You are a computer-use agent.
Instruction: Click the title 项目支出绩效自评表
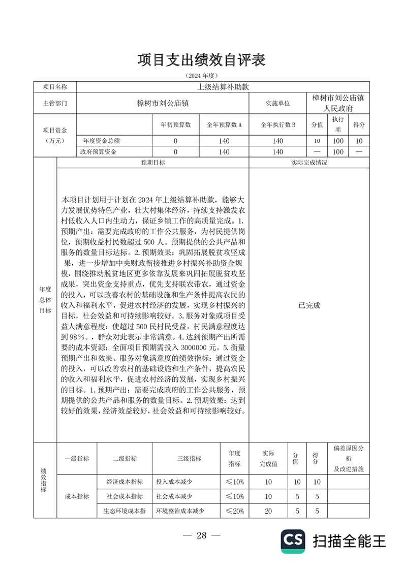tap(201, 59)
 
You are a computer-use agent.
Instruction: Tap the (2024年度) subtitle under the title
tap(201, 76)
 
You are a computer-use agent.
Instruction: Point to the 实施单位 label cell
tap(277, 103)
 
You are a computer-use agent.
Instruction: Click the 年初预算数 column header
tap(175, 124)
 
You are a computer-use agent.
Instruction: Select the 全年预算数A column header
tap(224, 124)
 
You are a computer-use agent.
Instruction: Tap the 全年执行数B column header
tap(277, 124)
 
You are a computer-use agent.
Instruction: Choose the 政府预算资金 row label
tap(99, 151)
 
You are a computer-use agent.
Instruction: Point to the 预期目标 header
tap(152, 163)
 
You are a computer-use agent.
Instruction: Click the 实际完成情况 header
tap(309, 163)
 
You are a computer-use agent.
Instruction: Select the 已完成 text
tap(309, 305)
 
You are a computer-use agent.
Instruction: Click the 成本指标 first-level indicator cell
tap(77, 496)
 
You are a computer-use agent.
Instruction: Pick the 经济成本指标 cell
tap(124, 482)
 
